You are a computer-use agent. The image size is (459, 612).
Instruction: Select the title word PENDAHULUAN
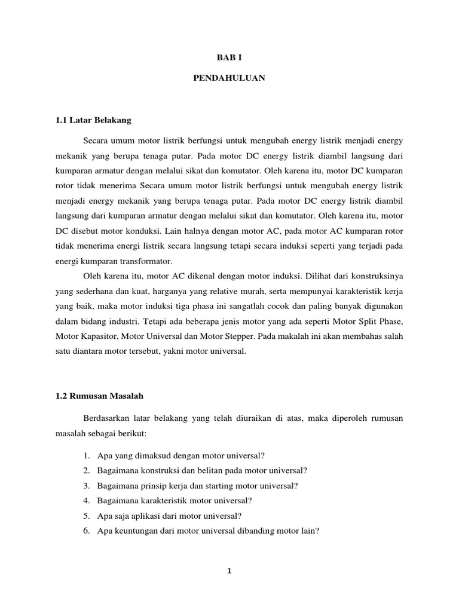(x=229, y=78)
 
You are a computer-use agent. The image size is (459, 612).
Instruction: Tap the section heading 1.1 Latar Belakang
(x=93, y=120)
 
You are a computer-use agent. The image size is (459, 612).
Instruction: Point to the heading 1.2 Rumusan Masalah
(x=99, y=396)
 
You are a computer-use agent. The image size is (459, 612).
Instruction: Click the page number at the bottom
(x=229, y=571)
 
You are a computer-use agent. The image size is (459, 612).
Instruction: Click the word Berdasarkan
(x=108, y=419)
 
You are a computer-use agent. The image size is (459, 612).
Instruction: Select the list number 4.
(x=87, y=500)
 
